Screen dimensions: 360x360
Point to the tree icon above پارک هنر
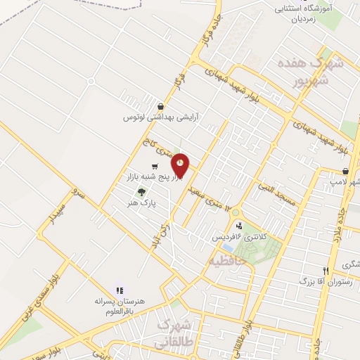141,192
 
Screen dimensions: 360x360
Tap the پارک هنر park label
141,202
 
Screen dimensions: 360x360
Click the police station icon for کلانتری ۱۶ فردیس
240,226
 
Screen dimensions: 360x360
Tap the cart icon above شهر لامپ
345,172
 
